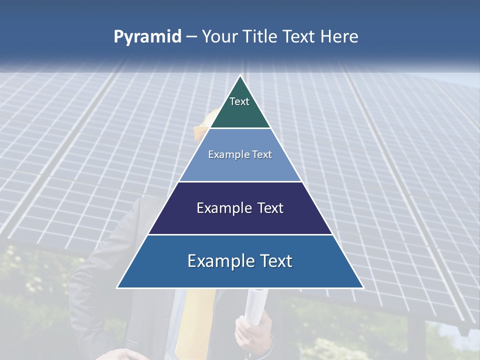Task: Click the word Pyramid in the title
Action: [147, 37]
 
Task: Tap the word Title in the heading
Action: [262, 37]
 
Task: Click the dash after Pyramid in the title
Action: [191, 37]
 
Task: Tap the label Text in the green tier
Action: [239, 101]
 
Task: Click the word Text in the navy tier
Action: [271, 208]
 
